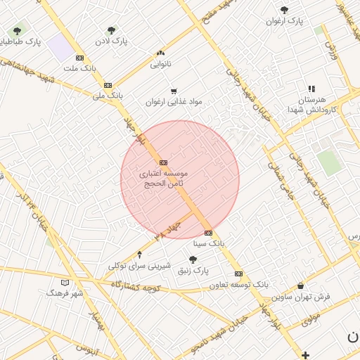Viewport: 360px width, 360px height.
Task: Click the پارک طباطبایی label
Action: click(22, 42)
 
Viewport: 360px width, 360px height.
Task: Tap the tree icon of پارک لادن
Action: click(111, 30)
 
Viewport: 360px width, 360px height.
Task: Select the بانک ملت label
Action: click(79, 68)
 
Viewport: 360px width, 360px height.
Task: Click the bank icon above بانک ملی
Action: click(108, 84)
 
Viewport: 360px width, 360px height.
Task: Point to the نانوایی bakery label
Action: click(161, 64)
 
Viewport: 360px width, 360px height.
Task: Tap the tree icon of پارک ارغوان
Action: click(284, 11)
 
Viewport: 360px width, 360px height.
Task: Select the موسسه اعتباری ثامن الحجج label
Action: click(163, 177)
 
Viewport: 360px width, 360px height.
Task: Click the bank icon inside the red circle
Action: click(163, 162)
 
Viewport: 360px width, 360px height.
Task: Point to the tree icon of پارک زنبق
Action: click(193, 259)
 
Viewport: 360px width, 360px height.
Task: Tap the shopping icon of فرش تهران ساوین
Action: click(301, 286)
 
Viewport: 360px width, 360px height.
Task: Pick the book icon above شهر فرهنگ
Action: click(65, 282)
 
